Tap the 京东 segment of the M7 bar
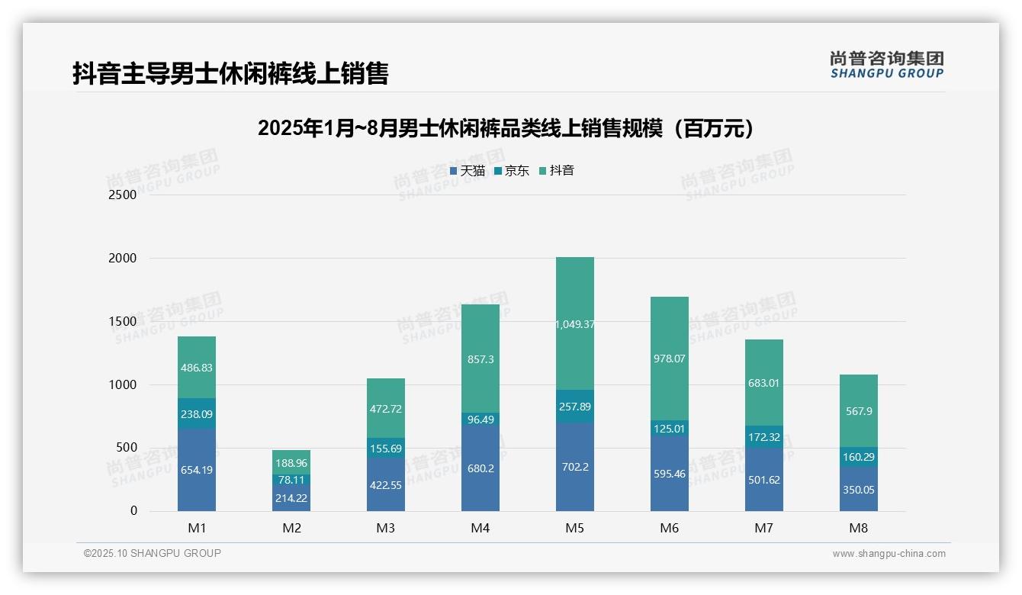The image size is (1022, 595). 764,437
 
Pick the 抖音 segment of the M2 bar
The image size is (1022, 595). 291,462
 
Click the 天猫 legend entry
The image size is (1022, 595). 468,171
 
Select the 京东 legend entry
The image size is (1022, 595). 512,171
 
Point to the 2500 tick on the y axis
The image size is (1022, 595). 123,195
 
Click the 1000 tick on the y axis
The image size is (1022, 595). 123,385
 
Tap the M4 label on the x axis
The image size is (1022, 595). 480,529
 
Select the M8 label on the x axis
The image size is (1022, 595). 859,529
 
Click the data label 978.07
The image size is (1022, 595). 669,359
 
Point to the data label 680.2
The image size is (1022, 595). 480,468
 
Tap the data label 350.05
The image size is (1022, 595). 859,490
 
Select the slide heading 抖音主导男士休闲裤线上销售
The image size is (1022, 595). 230,74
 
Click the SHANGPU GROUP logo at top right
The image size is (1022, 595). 886,65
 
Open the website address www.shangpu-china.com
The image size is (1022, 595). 889,554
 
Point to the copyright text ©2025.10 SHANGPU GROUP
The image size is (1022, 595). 153,554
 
